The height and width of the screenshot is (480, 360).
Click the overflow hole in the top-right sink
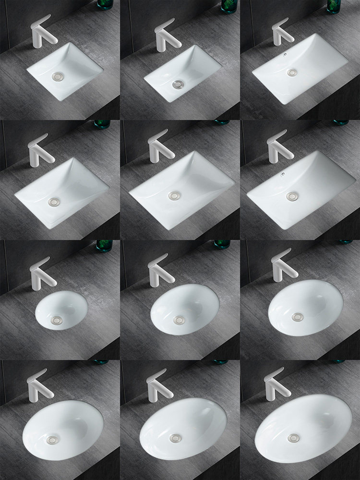pyautogui.click(x=287, y=55)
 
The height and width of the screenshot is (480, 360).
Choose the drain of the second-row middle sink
pyautogui.click(x=173, y=195)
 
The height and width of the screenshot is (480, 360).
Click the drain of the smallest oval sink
pyautogui.click(x=52, y=318)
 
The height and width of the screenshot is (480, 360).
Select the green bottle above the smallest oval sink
pyautogui.click(x=103, y=246)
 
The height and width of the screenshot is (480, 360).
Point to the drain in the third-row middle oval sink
pyautogui.click(x=179, y=319)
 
